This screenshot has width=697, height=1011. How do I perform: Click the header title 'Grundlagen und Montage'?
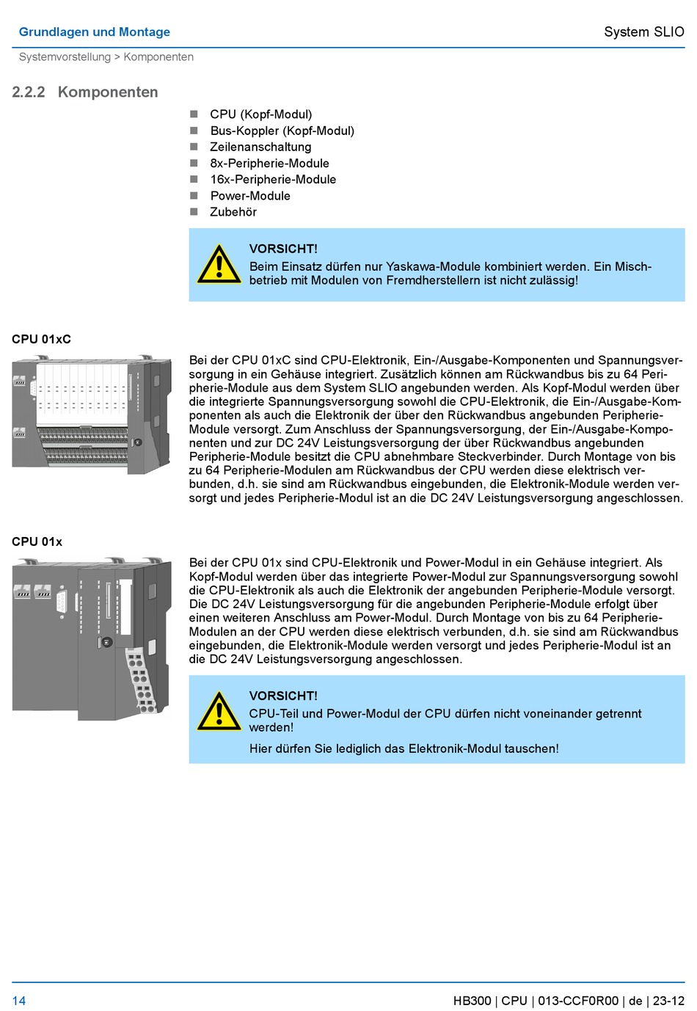[94, 32]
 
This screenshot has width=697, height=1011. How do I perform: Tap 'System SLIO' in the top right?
[643, 32]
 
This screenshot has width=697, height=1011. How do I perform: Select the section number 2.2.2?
[29, 92]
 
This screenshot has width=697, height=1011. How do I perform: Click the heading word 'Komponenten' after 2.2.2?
[108, 92]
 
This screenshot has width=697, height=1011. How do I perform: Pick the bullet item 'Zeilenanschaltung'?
[260, 147]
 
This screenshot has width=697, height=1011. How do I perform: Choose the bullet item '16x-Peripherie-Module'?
[273, 179]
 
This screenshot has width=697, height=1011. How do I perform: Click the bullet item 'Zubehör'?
[233, 212]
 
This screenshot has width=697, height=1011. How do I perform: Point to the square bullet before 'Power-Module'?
[194, 196]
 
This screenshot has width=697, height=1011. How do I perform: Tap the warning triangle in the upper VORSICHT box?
[219, 264]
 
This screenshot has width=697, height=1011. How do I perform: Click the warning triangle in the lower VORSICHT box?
[219, 712]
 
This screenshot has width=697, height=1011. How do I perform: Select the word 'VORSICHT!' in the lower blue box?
[283, 696]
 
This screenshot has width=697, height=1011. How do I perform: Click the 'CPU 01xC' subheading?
[41, 339]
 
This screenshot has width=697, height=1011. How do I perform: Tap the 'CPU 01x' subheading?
[37, 541]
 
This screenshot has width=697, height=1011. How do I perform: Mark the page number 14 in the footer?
[19, 1001]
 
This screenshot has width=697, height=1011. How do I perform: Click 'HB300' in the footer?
[472, 1001]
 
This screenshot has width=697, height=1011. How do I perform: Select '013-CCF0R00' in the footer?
[578, 1001]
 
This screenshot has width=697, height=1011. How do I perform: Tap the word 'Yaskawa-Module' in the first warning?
[429, 266]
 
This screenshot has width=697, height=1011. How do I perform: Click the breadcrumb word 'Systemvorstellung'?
[65, 57]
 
